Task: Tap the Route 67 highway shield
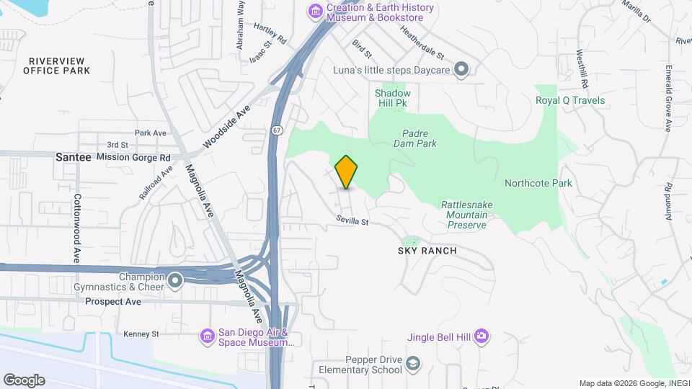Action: coord(278,130)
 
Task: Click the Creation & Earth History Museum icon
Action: coord(315,12)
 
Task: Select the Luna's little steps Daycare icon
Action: coord(462,69)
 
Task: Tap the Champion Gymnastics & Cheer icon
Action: coord(175,280)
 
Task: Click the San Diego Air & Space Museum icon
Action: coord(207,336)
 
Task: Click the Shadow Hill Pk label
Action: coord(392,99)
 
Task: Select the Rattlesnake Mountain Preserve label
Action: coord(467,215)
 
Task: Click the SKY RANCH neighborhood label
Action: coord(427,251)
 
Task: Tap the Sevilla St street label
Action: coord(352,220)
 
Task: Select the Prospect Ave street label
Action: coord(113,301)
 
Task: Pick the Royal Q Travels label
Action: coord(569,100)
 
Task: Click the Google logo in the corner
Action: coord(24,380)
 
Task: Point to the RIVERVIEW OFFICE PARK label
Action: coord(57,66)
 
